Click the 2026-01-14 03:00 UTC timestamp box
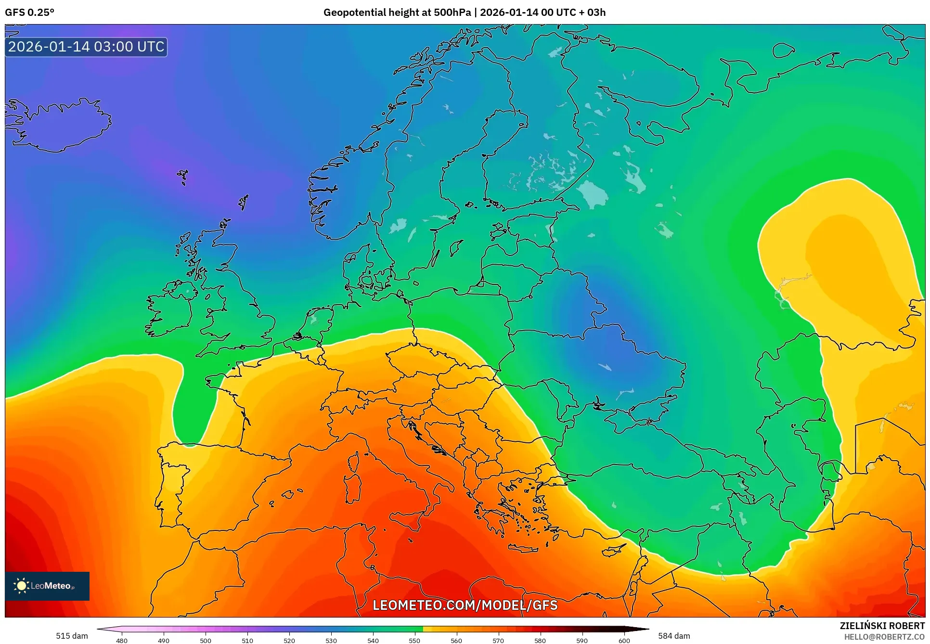click(86, 47)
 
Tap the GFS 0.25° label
click(29, 13)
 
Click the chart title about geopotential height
click(464, 13)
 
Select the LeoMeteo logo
click(47, 586)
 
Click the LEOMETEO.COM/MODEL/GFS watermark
click(465, 605)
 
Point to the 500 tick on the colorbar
click(206, 640)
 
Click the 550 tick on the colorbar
click(414, 640)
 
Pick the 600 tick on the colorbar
click(624, 640)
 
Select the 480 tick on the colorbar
click(122, 640)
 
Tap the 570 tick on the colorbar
click(498, 640)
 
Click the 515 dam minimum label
click(72, 636)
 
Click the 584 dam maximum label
click(674, 636)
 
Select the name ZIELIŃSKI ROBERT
click(882, 626)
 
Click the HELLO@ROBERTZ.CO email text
click(884, 637)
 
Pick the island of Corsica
click(354, 462)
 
